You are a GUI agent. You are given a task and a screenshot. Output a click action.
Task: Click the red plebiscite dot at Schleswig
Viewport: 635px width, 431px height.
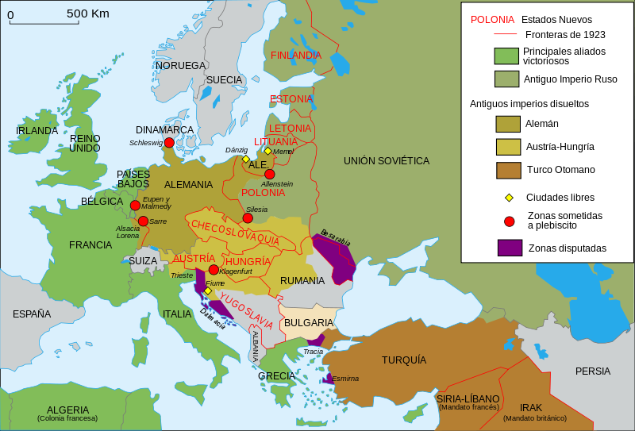(169, 143)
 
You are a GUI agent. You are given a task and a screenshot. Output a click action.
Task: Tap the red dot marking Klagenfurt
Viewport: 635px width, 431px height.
(214, 270)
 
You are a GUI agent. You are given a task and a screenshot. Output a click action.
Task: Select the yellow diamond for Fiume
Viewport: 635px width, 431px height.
(208, 291)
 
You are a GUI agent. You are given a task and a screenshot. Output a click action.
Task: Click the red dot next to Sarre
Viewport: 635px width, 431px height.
(143, 221)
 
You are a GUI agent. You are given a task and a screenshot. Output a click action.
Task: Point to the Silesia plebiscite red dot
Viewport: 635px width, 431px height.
(248, 217)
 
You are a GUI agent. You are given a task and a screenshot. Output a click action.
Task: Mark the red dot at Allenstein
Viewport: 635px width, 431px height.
(270, 174)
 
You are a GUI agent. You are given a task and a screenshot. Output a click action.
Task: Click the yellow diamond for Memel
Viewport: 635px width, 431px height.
(267, 151)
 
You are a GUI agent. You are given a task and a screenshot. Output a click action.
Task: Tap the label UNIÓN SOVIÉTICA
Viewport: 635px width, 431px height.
(387, 161)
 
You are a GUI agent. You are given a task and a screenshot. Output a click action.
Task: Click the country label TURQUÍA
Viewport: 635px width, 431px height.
(404, 360)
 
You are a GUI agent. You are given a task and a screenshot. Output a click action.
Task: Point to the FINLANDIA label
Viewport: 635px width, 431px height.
(295, 56)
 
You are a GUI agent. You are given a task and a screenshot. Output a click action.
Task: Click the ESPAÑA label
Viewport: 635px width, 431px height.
(32, 314)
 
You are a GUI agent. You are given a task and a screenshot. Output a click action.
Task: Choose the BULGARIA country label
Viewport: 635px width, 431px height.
(308, 323)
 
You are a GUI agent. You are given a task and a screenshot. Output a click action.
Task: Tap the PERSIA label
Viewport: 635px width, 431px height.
(593, 371)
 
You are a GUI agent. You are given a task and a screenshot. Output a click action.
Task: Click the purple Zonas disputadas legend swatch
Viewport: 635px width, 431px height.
(509, 248)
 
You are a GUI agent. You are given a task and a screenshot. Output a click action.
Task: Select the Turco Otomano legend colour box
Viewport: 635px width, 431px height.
(509, 169)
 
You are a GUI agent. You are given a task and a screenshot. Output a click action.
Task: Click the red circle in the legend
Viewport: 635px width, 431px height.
(510, 221)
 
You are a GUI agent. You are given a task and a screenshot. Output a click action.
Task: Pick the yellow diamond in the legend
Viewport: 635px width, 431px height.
(510, 197)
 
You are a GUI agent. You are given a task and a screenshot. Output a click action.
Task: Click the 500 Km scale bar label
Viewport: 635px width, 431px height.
(88, 13)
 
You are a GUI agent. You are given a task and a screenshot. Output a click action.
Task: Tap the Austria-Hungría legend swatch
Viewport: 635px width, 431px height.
(509, 146)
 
